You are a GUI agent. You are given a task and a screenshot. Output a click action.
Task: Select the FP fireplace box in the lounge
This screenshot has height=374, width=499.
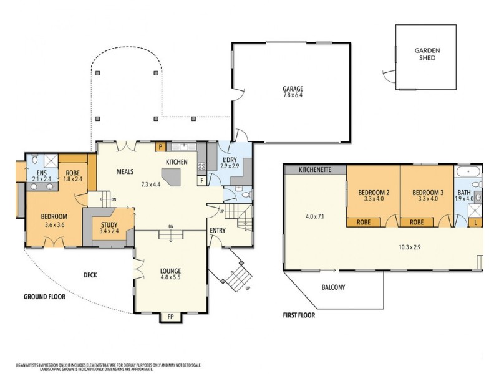tap(171, 317)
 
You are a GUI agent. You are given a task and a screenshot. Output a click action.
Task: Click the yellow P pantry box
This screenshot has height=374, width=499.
tap(160, 147)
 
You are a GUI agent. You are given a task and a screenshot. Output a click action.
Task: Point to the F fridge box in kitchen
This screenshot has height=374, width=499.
tap(203, 181)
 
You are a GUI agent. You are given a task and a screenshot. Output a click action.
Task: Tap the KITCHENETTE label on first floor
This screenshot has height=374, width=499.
tap(314, 170)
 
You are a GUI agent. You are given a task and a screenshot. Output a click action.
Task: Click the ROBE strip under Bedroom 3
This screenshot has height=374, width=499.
tap(417, 221)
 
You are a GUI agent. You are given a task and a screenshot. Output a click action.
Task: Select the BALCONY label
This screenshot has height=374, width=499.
tap(334, 287)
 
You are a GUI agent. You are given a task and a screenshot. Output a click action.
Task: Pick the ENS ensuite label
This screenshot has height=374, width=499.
tap(42, 172)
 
